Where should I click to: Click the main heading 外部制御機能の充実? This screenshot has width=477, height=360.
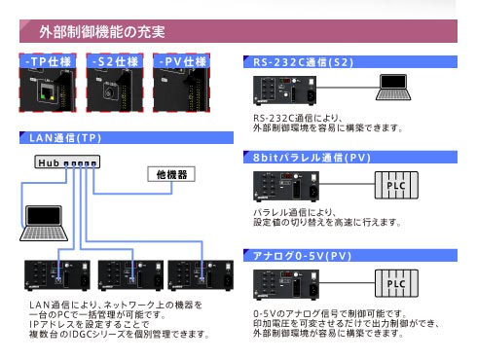click(x=101, y=33)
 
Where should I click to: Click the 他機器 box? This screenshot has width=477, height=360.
click(x=171, y=175)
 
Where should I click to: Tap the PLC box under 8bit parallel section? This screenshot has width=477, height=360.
click(x=396, y=185)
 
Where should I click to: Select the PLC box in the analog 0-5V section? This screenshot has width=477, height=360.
click(x=396, y=283)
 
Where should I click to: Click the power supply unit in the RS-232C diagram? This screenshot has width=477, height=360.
click(x=281, y=90)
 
